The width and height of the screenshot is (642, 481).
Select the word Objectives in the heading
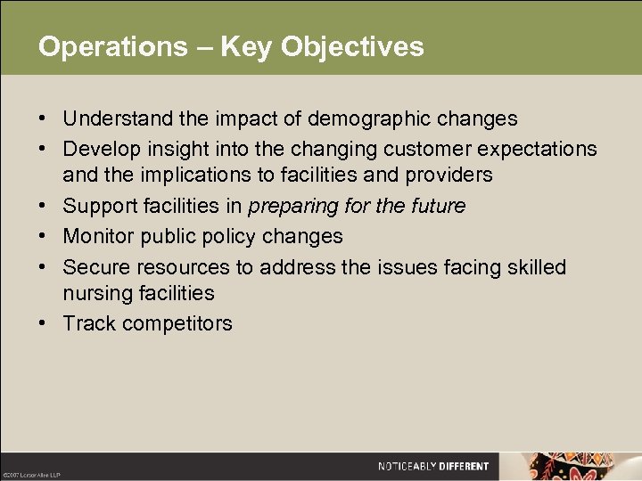pos(352,46)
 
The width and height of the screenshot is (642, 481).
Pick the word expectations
pos(533,148)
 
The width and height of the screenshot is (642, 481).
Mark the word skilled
pos(535,266)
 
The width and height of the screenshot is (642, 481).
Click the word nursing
pos(94,293)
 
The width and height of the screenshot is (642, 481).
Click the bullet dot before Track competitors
pos(43,323)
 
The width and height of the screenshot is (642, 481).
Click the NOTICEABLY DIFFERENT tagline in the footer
pos(432,466)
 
